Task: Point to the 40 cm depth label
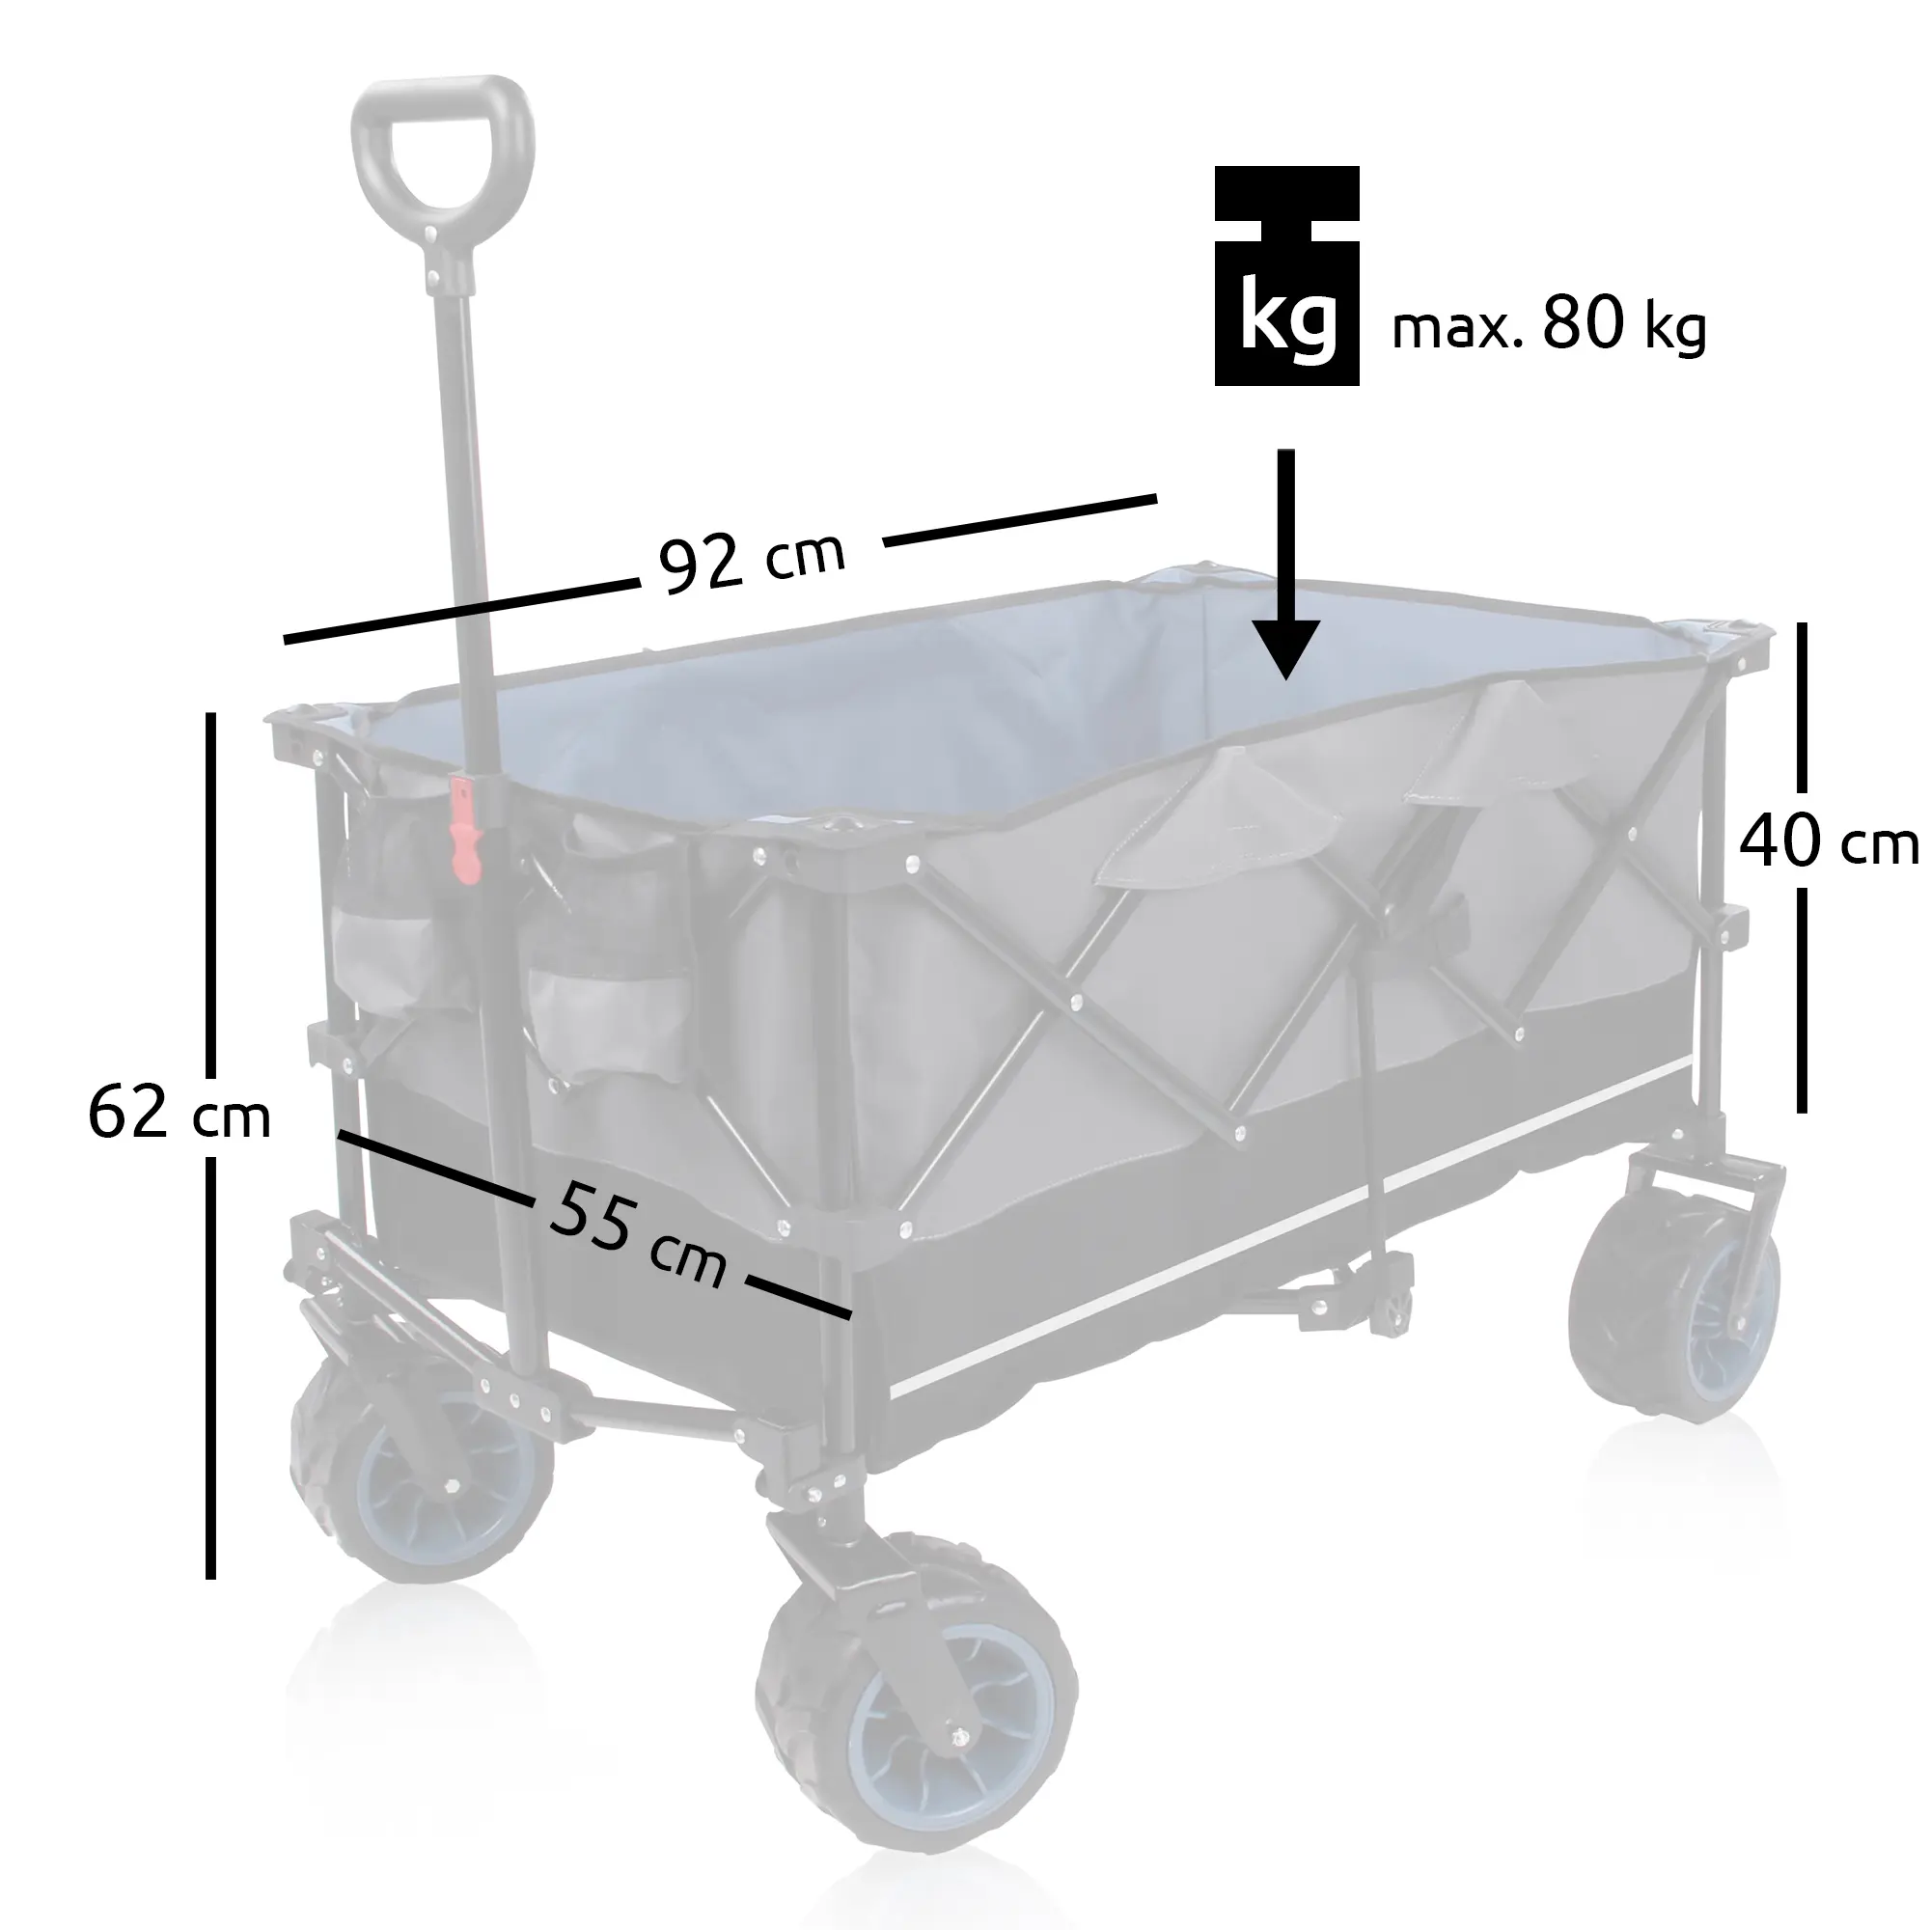pyautogui.click(x=1828, y=842)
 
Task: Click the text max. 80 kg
pyautogui.click(x=1549, y=324)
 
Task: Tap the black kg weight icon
pyautogui.click(x=1286, y=276)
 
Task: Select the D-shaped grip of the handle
pyautogui.click(x=443, y=150)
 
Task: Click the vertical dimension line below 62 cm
pyautogui.click(x=210, y=1368)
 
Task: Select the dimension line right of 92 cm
pyautogui.click(x=1020, y=519)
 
